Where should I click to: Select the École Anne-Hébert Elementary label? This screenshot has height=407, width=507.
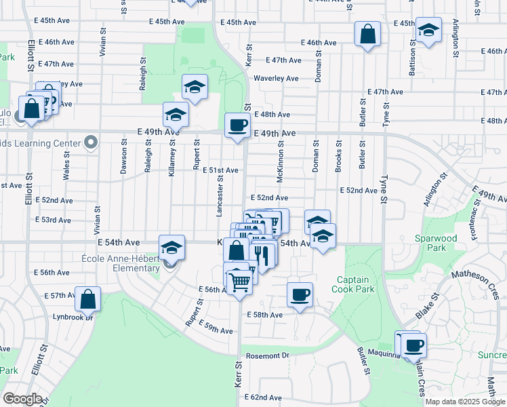(121, 263)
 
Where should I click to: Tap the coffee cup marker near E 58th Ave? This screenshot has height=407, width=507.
(300, 295)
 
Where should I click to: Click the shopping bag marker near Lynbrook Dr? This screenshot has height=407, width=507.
(88, 298)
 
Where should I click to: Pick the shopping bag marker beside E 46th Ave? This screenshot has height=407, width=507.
(367, 34)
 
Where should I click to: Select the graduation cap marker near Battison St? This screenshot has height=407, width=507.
(428, 30)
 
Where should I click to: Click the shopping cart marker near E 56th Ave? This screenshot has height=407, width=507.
(239, 281)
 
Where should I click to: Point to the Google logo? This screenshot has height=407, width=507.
(22, 398)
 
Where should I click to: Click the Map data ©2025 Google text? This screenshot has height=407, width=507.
(465, 402)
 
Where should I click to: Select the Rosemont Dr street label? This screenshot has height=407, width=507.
(268, 355)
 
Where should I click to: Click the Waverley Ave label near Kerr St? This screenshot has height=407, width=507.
(276, 78)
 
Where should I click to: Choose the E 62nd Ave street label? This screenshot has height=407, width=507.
(262, 398)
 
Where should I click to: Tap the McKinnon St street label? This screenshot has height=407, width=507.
(280, 160)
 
